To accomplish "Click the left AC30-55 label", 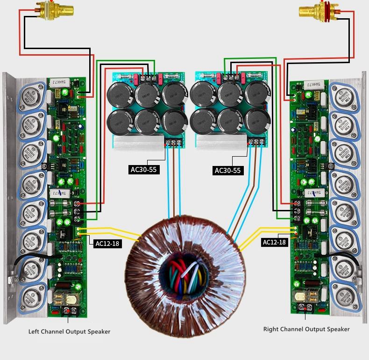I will click(143, 169).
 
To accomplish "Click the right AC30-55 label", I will click(227, 171).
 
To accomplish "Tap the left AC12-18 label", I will click(107, 244).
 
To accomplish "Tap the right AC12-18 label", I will click(274, 242).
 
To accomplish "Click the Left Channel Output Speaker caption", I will click(70, 331).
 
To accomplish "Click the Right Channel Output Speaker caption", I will click(306, 329).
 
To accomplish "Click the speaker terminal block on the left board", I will click(68, 310).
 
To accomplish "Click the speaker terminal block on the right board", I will click(305, 308).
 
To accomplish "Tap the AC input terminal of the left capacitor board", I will click(173, 142).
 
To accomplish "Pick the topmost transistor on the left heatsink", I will click(33, 96).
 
